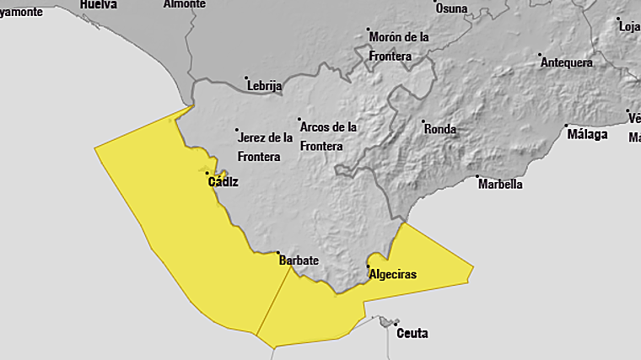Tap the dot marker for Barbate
[279, 252]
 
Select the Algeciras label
[393, 274]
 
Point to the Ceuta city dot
[396, 323]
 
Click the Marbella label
[500, 184]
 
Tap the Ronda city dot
[423, 121]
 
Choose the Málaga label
[588, 134]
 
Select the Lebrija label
[265, 86]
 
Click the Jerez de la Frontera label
[266, 147]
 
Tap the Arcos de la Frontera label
[328, 137]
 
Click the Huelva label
[98, 4]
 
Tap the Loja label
[630, 26]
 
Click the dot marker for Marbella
[477, 178]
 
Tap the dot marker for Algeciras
[368, 267]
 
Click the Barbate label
[299, 261]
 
